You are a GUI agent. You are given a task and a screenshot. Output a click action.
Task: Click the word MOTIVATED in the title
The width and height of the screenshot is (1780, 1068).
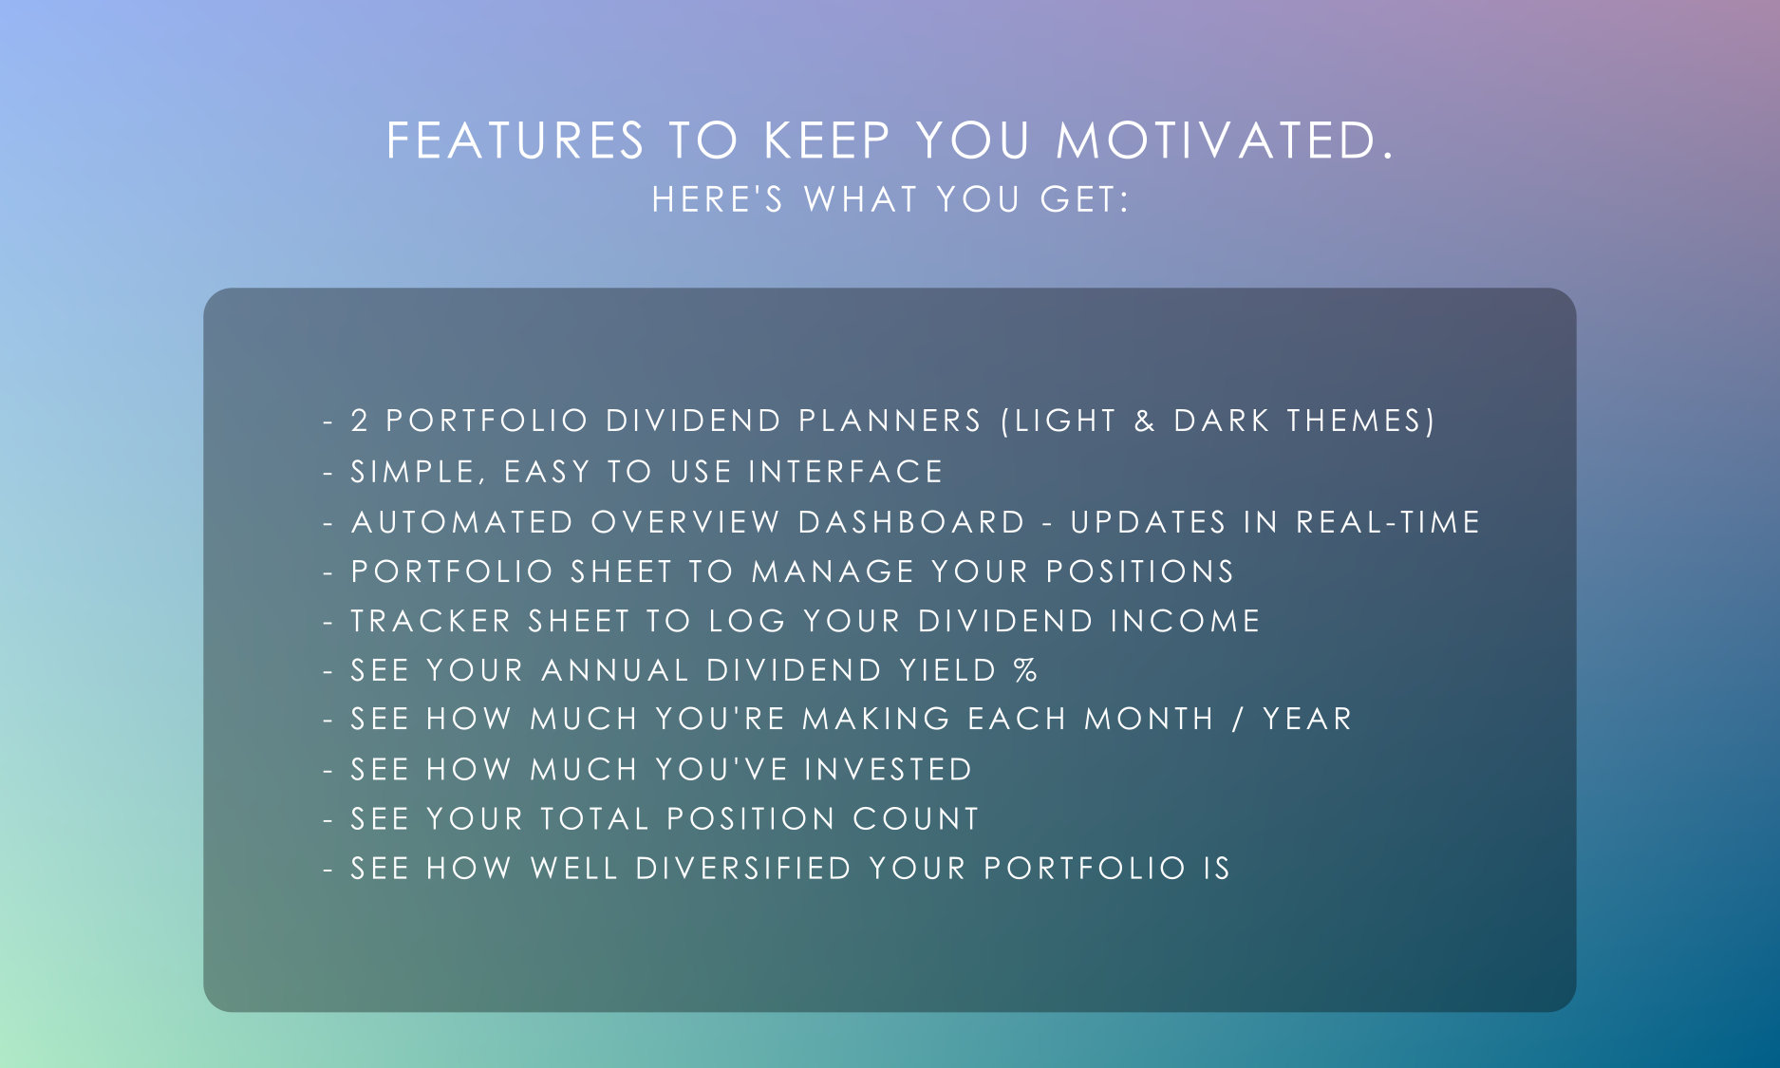click(x=1225, y=141)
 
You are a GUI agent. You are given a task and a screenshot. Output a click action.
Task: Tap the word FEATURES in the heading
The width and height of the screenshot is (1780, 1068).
click(x=515, y=141)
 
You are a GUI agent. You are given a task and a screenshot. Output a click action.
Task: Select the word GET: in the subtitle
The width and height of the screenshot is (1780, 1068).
click(x=1084, y=200)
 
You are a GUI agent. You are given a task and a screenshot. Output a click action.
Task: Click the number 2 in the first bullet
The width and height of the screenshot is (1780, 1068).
click(x=360, y=421)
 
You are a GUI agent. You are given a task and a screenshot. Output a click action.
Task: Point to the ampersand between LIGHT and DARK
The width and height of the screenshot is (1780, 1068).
click(x=1145, y=421)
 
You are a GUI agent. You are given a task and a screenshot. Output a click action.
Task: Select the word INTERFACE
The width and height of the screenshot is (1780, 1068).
click(x=846, y=472)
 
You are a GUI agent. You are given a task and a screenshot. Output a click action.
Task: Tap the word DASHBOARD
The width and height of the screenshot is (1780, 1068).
click(x=911, y=522)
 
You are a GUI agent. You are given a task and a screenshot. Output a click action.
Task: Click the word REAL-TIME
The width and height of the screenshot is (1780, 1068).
click(x=1388, y=522)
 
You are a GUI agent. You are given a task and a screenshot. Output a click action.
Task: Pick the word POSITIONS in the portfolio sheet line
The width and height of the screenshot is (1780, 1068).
click(x=1139, y=571)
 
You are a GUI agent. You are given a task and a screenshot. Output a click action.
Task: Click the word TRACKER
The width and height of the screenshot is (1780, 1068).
click(x=432, y=621)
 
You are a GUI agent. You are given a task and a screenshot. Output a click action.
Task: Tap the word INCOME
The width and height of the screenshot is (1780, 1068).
click(x=1185, y=621)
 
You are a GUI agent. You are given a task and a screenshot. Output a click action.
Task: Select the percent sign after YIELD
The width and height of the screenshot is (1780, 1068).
click(x=1025, y=670)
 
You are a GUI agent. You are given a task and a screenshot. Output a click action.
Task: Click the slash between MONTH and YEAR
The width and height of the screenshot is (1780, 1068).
click(x=1238, y=720)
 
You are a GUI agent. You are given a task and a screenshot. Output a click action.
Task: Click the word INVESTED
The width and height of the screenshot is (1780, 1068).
click(x=889, y=769)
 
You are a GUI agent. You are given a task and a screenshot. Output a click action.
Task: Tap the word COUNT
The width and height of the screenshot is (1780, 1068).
click(x=915, y=818)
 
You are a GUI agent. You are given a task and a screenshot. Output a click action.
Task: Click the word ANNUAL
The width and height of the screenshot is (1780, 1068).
click(x=615, y=670)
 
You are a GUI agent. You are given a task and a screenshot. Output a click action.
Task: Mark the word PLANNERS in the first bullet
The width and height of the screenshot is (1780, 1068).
click(x=890, y=421)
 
